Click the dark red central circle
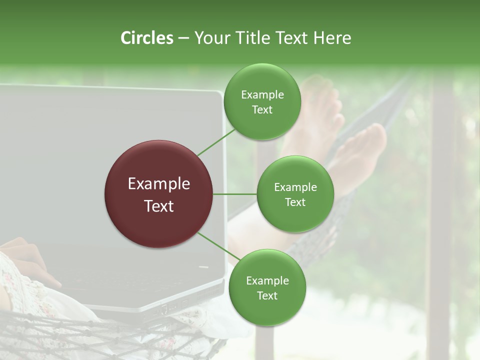point(158,194)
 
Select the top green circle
point(262,102)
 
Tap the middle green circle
point(295,194)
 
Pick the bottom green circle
point(267,287)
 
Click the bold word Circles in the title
point(146,38)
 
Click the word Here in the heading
point(331,38)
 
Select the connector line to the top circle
point(216,142)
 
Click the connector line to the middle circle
point(234,194)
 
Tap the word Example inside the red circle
point(158,183)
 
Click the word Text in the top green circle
point(262,110)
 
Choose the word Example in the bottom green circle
point(267,280)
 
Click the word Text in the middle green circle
point(295,202)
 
